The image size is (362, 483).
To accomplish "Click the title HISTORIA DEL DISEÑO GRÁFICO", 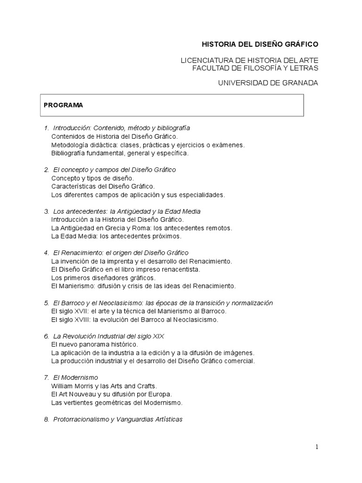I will pyautogui.click(x=260, y=44).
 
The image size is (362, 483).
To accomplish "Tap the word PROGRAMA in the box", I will pyautogui.click(x=63, y=105).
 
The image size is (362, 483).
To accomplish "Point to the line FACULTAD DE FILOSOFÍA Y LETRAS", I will pyautogui.click(x=255, y=68).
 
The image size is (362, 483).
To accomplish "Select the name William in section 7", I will pyautogui.click(x=62, y=386).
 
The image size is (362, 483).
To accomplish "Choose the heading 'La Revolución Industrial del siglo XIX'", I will pyautogui.click(x=108, y=336).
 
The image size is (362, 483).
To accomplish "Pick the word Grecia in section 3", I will pyautogui.click(x=107, y=228).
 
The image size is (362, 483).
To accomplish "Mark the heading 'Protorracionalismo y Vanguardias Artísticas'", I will pyautogui.click(x=117, y=419).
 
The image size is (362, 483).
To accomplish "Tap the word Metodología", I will pyautogui.click(x=70, y=145).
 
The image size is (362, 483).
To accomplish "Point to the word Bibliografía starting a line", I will pyautogui.click(x=68, y=153).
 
